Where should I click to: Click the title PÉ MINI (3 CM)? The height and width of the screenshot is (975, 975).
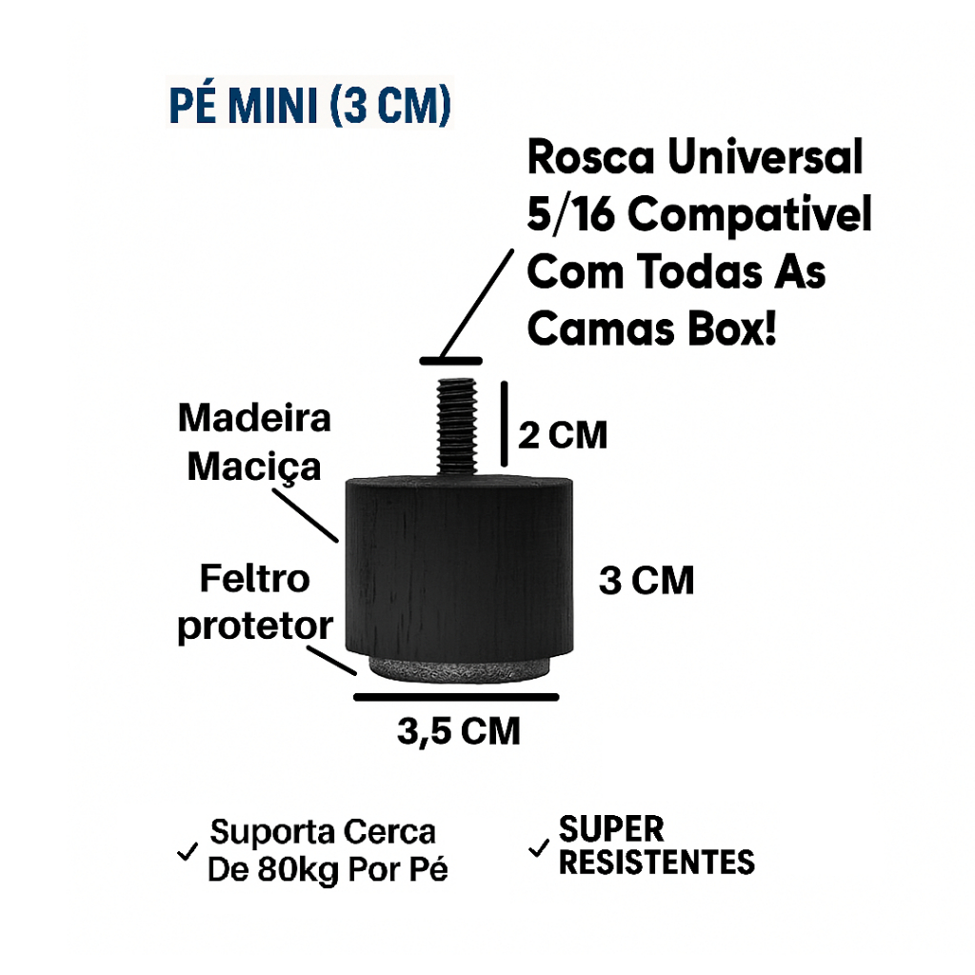tap(310, 105)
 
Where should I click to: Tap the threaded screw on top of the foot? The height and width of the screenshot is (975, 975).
tap(456, 428)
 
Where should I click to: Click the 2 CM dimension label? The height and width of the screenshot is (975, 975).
tap(563, 435)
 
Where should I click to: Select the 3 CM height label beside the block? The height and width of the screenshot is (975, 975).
tap(647, 580)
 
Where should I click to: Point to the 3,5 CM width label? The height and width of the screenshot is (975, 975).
tap(459, 730)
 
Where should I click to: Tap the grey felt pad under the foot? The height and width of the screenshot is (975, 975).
tap(459, 669)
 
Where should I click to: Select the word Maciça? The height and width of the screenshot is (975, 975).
tap(254, 468)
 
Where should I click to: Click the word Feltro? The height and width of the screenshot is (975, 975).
tap(254, 579)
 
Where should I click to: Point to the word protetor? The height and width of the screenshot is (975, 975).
tap(255, 627)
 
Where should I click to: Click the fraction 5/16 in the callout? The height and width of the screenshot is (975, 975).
tap(571, 214)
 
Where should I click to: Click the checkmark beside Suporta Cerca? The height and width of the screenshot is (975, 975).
tap(188, 851)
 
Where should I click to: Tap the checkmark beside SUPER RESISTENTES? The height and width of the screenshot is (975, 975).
tap(539, 847)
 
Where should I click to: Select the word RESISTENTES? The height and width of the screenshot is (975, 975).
tap(657, 863)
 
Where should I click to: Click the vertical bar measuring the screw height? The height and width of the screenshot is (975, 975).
tap(505, 424)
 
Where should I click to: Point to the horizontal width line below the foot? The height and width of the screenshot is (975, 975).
tap(456, 697)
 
